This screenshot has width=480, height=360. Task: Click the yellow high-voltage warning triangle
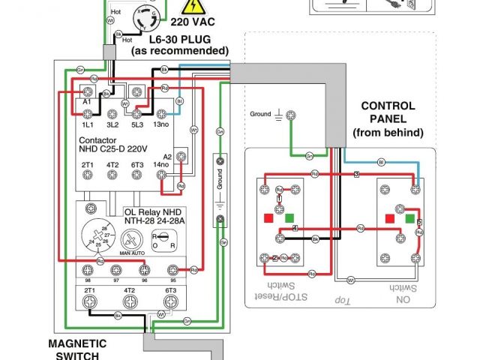[194, 7]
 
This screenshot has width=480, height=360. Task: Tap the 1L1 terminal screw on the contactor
[87, 113]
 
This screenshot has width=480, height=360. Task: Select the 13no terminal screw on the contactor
[160, 113]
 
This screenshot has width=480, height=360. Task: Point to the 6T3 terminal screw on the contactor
[137, 174]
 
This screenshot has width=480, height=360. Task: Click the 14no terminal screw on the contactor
[160, 174]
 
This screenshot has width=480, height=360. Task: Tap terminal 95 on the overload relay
[174, 269]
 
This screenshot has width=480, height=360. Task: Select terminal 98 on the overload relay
[88, 269]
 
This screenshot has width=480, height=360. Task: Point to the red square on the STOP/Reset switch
[268, 218]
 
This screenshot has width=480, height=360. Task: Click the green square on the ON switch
[409, 219]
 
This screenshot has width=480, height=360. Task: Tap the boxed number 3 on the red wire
[356, 174]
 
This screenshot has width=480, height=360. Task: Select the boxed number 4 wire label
[295, 227]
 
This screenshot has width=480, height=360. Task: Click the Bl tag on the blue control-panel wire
[381, 161]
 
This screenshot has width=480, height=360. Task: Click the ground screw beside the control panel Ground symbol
[293, 115]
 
